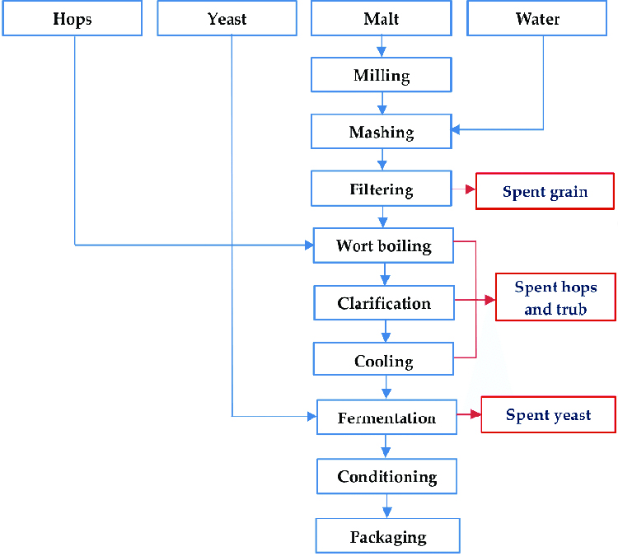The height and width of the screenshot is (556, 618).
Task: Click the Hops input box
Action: (x=73, y=19)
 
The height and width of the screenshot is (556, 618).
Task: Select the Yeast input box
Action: (x=227, y=19)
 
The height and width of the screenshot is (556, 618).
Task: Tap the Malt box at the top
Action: (x=382, y=19)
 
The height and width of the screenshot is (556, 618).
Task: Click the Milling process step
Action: (x=382, y=75)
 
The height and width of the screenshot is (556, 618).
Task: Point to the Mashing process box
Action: (x=382, y=132)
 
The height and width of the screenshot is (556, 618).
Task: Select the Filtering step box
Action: (x=382, y=189)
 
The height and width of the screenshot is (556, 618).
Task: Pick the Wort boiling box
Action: (x=384, y=245)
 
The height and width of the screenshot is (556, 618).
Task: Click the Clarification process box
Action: (x=384, y=303)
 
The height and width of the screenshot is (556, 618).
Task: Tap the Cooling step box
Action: (x=384, y=361)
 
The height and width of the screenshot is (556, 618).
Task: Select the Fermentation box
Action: (x=387, y=418)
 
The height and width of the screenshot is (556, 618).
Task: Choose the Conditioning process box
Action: (x=387, y=476)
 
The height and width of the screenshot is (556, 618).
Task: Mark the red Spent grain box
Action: (x=545, y=191)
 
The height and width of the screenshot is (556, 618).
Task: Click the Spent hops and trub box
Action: (x=555, y=297)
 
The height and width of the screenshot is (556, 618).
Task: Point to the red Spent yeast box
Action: (x=549, y=414)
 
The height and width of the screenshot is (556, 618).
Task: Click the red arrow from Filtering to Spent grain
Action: (x=465, y=189)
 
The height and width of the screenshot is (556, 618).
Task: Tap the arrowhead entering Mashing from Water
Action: (x=456, y=129)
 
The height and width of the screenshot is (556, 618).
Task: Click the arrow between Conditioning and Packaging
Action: (x=387, y=506)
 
